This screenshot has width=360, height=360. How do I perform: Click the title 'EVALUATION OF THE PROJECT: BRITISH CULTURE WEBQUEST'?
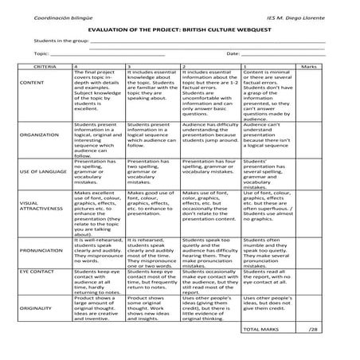pyautogui.click(x=179, y=27)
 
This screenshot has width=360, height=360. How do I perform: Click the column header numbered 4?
pyautogui.click(x=76, y=69)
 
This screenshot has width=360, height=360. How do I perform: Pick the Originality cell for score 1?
pyautogui.click(x=268, y=303)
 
